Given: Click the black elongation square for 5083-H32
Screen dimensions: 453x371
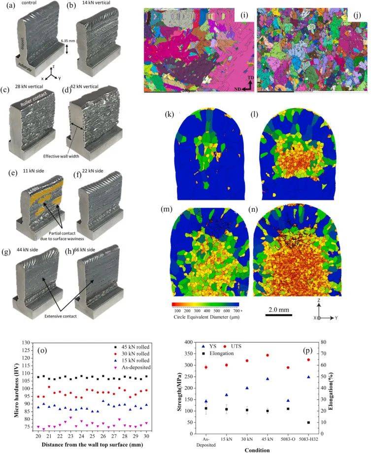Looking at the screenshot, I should (x=350, y=422).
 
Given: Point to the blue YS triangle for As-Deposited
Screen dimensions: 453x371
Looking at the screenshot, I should (x=206, y=401).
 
